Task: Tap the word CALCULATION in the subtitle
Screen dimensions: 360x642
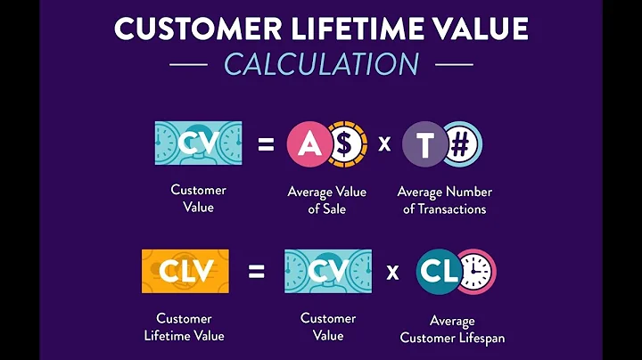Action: coord(321,64)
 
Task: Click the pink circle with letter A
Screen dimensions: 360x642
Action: coord(308,143)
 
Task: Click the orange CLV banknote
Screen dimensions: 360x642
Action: coord(185,272)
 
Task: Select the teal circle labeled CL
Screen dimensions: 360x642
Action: coord(439,272)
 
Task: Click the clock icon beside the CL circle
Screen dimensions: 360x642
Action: coord(476,272)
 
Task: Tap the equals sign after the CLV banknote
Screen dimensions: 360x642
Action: coord(256,272)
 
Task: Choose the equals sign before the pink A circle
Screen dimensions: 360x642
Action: coord(266,143)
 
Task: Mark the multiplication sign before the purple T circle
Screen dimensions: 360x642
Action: coord(384,143)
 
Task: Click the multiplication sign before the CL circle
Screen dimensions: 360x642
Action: coord(393,272)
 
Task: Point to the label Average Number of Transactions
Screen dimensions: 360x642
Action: coord(444,200)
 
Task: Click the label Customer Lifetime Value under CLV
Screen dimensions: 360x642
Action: coord(185,327)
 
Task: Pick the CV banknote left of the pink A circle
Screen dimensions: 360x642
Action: coord(197,143)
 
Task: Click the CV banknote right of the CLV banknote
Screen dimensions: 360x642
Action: coord(327,272)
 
